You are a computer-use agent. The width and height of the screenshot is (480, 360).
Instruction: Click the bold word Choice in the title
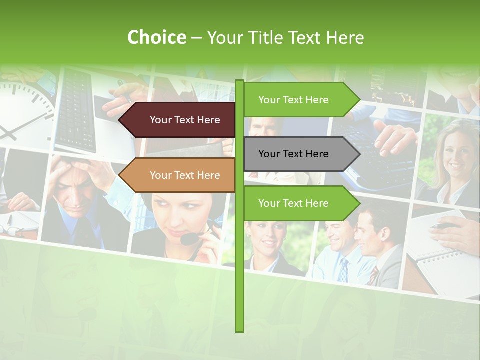pyautogui.click(x=156, y=37)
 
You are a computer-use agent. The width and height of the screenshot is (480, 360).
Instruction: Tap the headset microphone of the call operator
pyautogui.click(x=189, y=239)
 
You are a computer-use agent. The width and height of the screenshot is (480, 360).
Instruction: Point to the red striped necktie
pyautogui.click(x=374, y=275)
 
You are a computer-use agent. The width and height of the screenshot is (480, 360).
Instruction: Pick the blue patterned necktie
pyautogui.click(x=344, y=270)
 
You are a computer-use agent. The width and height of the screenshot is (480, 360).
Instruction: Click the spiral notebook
pyautogui.click(x=440, y=260)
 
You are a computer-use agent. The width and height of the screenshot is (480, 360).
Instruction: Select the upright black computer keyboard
pyautogui.click(x=75, y=110)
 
